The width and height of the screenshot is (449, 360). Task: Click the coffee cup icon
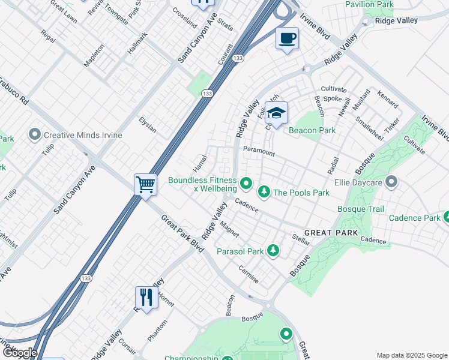point(287,39)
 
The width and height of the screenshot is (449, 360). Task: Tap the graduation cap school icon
point(276,113)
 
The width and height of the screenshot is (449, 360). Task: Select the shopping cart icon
point(145,184)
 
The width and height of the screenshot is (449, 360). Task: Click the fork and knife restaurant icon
point(146,296)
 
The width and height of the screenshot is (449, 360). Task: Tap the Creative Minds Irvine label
point(83,135)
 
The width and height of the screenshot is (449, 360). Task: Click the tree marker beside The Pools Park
point(263,192)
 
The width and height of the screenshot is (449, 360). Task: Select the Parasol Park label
point(240,252)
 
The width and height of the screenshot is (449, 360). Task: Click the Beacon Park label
point(312,130)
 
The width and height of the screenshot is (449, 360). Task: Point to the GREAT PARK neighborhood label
point(331,233)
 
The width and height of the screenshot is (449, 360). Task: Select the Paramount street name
point(259,151)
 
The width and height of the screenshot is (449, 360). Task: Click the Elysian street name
point(147,124)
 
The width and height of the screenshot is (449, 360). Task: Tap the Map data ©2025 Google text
point(411,355)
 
